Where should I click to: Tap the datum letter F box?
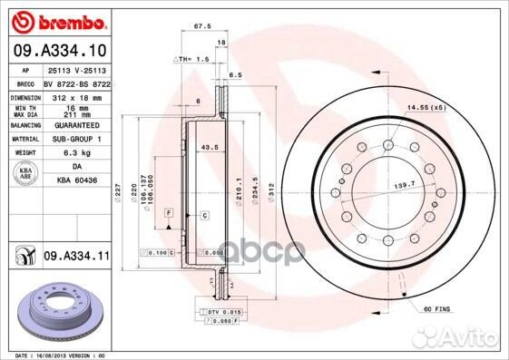pos(168,211)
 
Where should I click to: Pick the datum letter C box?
pos(204,215)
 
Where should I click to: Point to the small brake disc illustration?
pos(58,307)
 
